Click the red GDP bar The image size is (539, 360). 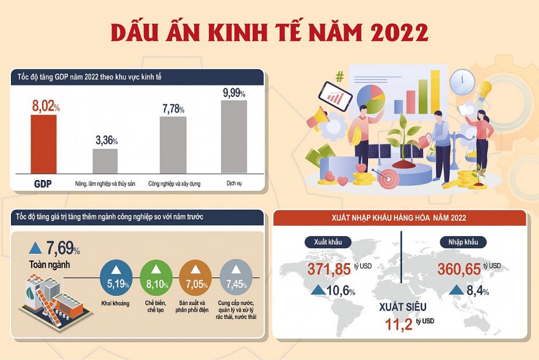(43, 144)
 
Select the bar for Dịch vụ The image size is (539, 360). (234, 137)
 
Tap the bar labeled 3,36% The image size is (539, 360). (105, 161)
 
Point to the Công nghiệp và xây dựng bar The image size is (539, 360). (173, 145)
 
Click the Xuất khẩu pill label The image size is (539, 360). (324, 242)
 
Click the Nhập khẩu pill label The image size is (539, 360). (463, 242)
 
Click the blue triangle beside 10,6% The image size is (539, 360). (318, 290)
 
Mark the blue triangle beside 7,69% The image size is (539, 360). (35, 247)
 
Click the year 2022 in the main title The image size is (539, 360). (394, 32)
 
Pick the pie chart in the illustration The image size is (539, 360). (371, 98)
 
